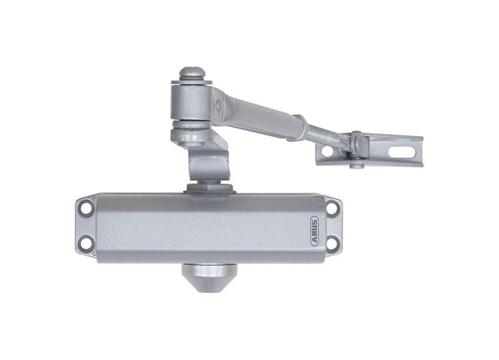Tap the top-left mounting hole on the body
click(x=85, y=207)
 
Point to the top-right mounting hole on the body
click(x=333, y=207)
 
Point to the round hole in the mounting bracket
click(x=328, y=152)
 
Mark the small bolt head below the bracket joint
click(x=355, y=164)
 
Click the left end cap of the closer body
click(x=85, y=226)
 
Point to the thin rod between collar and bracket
click(x=325, y=135)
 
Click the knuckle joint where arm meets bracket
click(x=354, y=142)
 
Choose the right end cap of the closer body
click(x=333, y=226)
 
